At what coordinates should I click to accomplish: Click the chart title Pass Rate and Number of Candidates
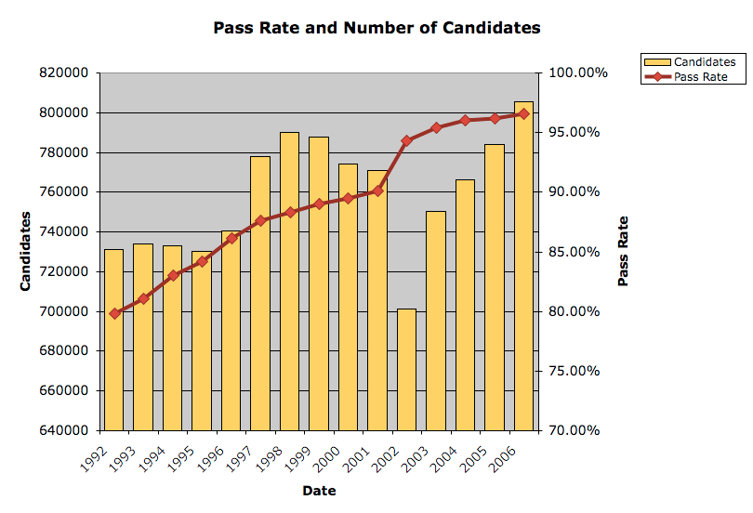pyautogui.click(x=376, y=28)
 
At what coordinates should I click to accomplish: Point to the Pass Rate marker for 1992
pyautogui.click(x=114, y=313)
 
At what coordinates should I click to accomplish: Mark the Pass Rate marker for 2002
pyautogui.click(x=406, y=140)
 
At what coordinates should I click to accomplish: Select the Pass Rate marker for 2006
pyautogui.click(x=523, y=113)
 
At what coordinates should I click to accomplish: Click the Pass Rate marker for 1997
pyautogui.click(x=260, y=220)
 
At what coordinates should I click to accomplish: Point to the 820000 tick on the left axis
pyautogui.click(x=65, y=72)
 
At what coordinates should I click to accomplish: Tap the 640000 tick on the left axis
pyautogui.click(x=65, y=430)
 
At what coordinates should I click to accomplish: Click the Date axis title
pyautogui.click(x=318, y=490)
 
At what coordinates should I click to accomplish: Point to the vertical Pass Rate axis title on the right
pyautogui.click(x=623, y=251)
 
